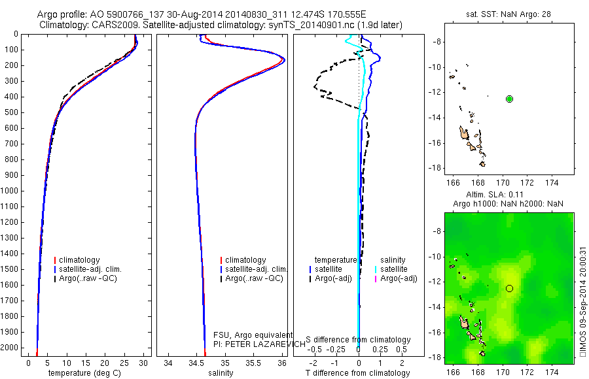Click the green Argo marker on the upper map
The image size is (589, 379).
tap(510, 99)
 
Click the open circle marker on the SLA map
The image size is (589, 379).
tap(510, 288)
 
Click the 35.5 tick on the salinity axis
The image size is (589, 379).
tap(254, 362)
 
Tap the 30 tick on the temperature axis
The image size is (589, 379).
tap(144, 362)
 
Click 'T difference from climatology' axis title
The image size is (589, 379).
tap(358, 373)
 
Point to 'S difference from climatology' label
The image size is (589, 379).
tap(358, 340)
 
